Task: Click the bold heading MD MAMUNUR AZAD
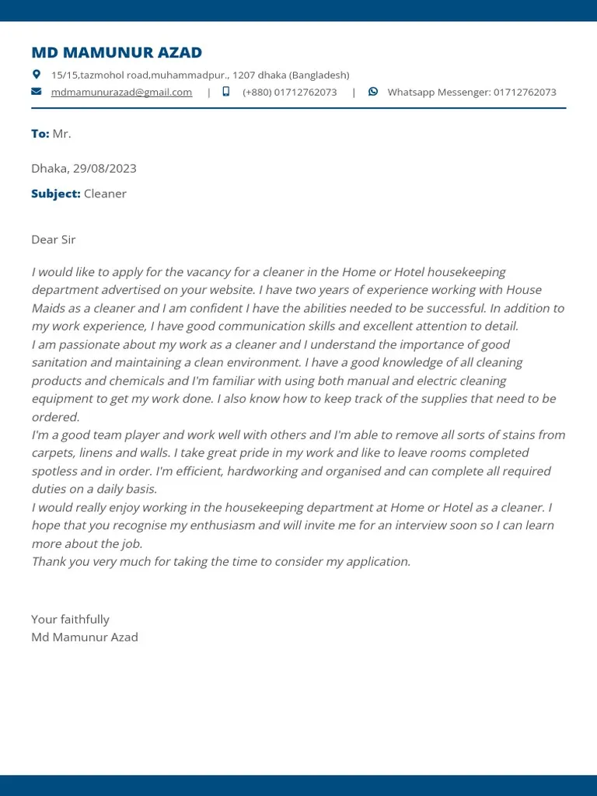coord(117,53)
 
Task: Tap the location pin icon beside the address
coord(36,75)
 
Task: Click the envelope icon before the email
coord(36,92)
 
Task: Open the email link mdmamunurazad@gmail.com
coord(121,92)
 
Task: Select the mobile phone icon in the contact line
coord(226,92)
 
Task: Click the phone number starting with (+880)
coord(289,92)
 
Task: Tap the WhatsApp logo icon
coord(373,92)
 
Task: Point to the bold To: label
coord(40,134)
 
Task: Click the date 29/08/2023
coord(105,169)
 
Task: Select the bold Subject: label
coord(56,194)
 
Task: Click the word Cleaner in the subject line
coord(105,194)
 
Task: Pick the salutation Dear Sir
coord(54,239)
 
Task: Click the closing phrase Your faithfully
coord(70,620)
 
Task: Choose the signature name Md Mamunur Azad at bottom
coord(85,637)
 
